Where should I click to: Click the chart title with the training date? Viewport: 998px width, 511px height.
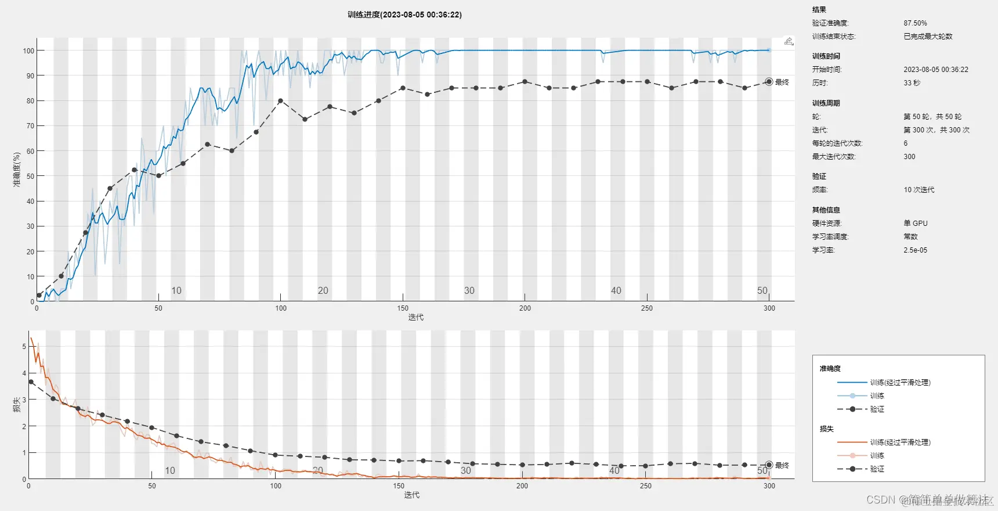point(404,15)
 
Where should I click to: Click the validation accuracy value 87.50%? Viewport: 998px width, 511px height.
point(915,23)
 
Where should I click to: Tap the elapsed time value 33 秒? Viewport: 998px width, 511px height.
point(912,83)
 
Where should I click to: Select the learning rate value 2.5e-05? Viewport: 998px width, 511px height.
point(915,250)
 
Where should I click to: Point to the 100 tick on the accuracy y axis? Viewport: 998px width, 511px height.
point(28,51)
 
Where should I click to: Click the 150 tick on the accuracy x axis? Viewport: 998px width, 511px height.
point(403,308)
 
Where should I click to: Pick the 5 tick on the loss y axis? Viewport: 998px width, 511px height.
point(24,347)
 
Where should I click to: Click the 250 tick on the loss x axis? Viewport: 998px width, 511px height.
point(645,486)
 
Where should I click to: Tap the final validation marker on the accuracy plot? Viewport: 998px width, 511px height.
point(769,82)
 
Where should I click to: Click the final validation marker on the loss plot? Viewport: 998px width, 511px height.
point(769,465)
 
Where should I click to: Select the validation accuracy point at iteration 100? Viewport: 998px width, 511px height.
point(280,101)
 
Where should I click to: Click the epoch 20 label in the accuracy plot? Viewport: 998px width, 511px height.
point(323,290)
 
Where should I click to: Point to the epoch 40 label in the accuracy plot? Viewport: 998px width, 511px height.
point(616,290)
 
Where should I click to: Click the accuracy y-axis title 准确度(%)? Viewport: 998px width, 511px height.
point(17,169)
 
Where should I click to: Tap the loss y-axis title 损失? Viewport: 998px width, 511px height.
point(17,405)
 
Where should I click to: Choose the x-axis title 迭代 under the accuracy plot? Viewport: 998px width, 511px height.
point(415,318)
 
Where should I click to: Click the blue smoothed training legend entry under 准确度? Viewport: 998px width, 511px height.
point(900,383)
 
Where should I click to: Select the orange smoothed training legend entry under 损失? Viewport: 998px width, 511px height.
point(900,442)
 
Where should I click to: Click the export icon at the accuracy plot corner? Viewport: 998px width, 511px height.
point(789,41)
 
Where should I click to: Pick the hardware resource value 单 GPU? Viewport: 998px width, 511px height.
point(915,224)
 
